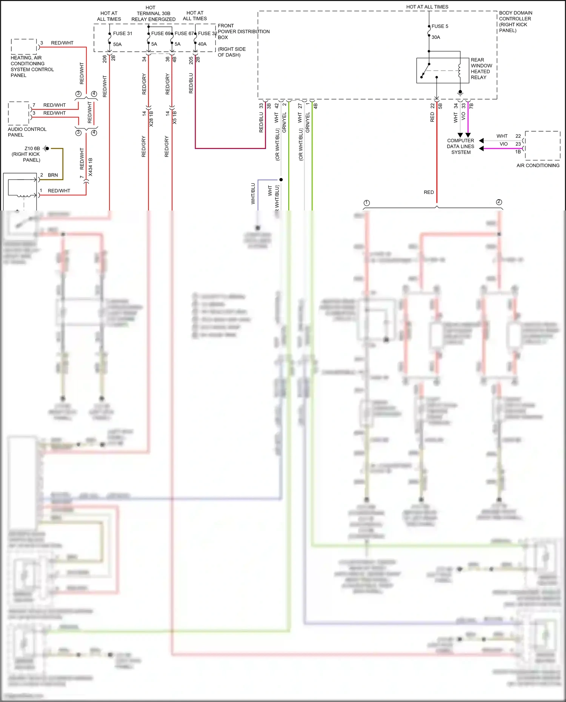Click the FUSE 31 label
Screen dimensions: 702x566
(123, 34)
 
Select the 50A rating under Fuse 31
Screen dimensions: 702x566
(117, 45)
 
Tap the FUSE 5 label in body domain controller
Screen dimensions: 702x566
(440, 26)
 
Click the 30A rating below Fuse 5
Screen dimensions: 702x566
(436, 37)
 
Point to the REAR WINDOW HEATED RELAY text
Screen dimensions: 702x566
(481, 69)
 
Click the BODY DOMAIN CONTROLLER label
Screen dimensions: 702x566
(515, 22)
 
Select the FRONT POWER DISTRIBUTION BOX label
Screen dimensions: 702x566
(243, 32)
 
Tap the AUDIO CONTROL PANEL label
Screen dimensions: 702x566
(27, 132)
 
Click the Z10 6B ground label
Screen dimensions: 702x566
(32, 149)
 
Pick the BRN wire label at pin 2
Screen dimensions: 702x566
(53, 175)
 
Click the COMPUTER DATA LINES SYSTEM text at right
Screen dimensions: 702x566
(460, 146)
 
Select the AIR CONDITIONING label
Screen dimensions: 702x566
(538, 166)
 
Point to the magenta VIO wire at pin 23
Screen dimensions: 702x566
(502, 148)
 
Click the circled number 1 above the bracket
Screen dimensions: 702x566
(366, 203)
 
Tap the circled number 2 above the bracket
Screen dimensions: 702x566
(499, 202)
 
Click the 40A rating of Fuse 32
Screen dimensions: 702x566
(202, 44)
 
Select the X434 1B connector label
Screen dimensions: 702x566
(90, 167)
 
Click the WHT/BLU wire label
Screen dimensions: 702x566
(253, 194)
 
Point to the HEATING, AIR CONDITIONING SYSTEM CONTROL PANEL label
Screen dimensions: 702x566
(32, 66)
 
